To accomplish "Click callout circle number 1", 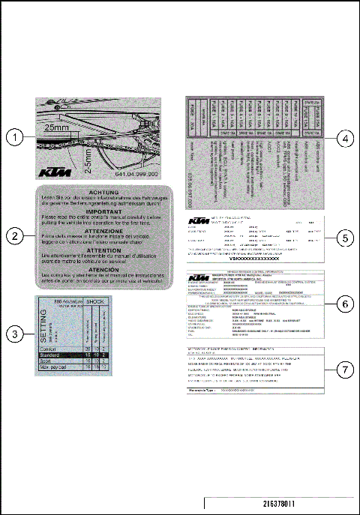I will coord(15,137).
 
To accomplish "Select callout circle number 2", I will coord(15,235).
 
